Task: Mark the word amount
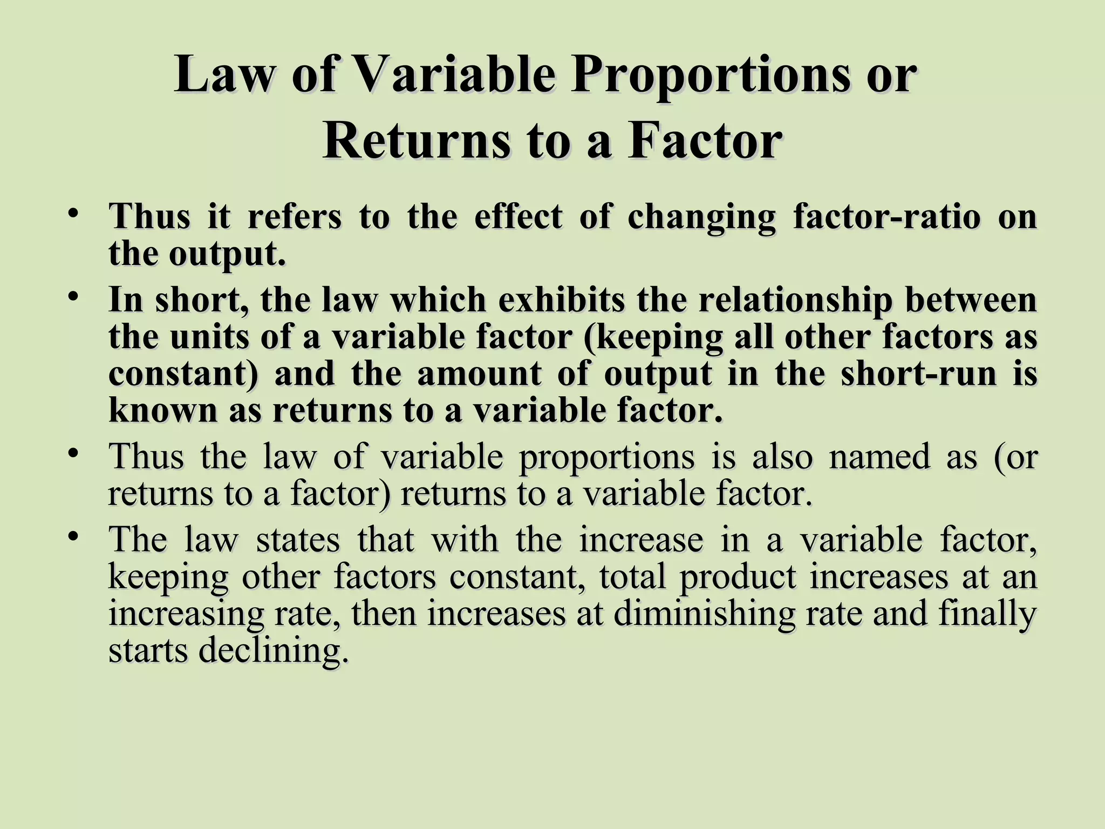point(479,373)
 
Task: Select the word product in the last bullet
point(737,577)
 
